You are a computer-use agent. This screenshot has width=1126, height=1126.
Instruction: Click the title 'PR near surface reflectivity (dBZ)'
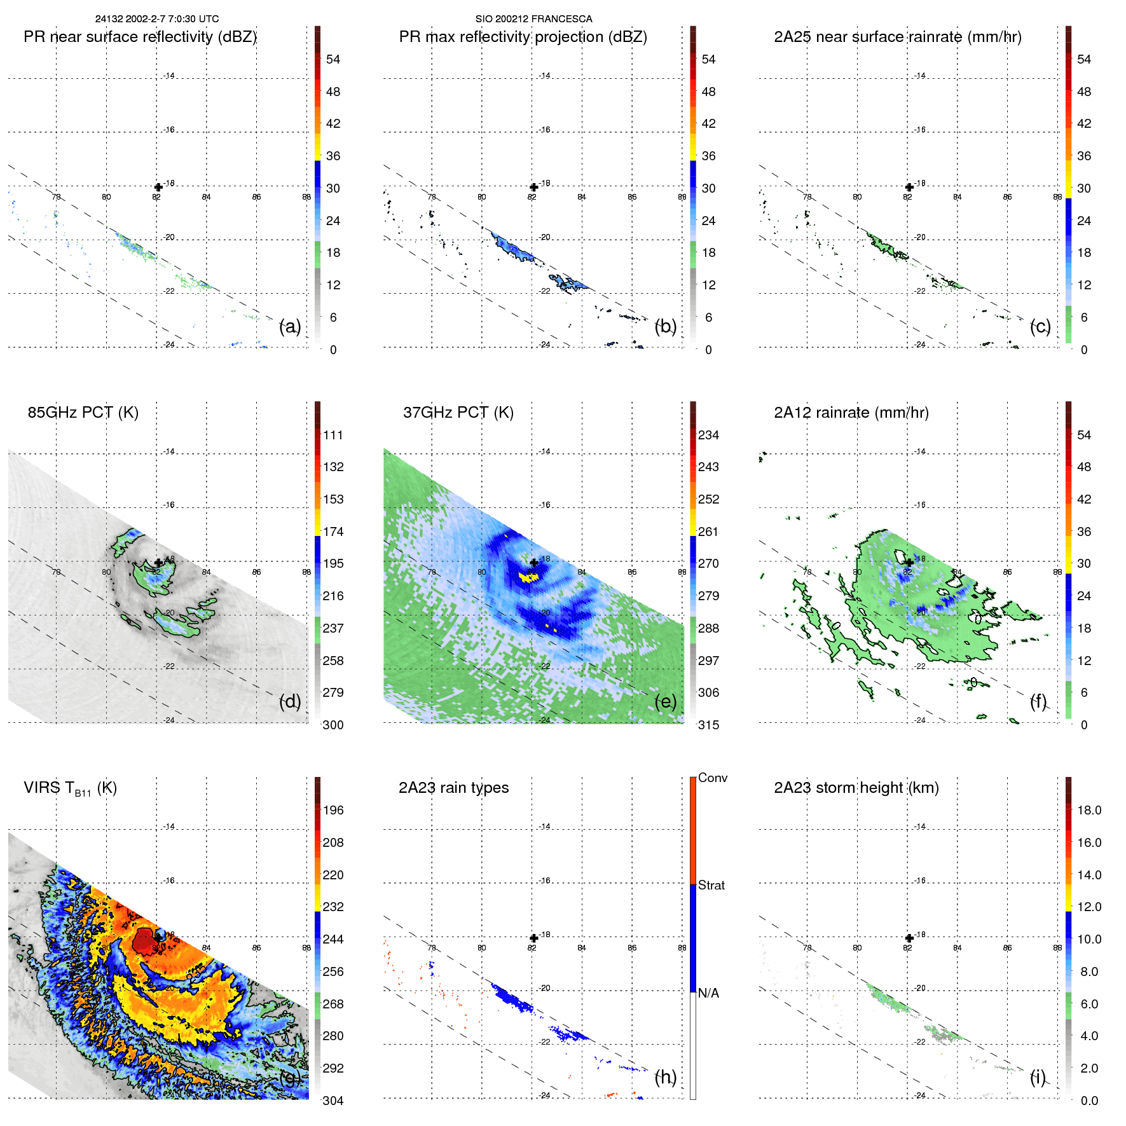140,37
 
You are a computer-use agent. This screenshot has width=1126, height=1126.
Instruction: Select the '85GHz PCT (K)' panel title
83,413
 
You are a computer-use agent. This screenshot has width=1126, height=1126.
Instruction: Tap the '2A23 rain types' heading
453,788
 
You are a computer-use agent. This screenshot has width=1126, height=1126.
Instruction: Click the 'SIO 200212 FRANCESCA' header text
533,19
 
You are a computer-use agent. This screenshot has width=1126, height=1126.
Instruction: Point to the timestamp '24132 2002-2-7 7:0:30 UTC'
157,19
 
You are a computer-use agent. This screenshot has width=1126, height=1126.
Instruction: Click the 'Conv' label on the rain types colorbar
712,778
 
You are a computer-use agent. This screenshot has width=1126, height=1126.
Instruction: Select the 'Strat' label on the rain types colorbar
711,885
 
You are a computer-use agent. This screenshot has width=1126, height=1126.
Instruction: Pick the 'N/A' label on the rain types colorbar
708,993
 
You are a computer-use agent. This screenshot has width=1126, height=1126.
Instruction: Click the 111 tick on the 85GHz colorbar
333,435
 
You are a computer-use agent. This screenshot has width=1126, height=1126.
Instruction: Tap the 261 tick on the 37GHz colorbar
708,532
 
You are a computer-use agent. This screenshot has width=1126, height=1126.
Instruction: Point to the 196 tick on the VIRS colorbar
333,810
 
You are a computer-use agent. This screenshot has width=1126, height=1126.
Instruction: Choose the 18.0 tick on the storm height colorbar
1089,810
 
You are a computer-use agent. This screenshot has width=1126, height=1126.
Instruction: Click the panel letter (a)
290,327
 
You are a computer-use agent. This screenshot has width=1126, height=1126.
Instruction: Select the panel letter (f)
1038,701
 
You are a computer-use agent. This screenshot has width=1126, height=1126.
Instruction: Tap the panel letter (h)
665,1077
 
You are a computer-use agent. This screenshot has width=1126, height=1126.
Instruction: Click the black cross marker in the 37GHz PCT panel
534,563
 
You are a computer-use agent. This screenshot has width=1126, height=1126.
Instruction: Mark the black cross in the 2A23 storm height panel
909,938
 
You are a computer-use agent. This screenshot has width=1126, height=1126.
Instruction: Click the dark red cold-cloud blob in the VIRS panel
144,940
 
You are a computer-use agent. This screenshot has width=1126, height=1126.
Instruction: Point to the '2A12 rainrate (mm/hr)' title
851,413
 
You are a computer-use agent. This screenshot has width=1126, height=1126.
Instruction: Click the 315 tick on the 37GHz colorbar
708,725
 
